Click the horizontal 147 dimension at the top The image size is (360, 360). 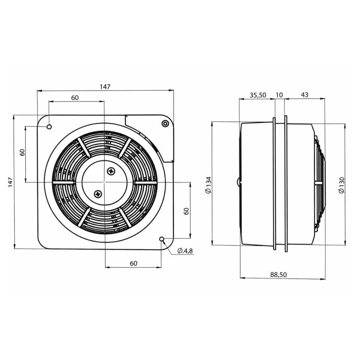[105, 87]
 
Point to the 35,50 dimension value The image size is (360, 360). [258, 95]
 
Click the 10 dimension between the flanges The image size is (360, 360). [279, 95]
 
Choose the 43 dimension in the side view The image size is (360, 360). [304, 95]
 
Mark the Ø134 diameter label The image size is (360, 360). [209, 185]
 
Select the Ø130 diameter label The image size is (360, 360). [341, 185]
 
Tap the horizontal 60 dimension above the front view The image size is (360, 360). [75, 97]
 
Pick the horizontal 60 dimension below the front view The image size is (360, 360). [133, 263]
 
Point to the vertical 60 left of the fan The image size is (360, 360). [22, 153]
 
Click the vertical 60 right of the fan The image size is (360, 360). [186, 211]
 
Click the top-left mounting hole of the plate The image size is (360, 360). [49, 127]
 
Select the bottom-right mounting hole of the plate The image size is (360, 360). [162, 239]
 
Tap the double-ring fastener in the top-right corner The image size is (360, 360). [165, 123]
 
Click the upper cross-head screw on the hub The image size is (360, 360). [111, 171]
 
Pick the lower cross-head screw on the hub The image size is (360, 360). [98, 194]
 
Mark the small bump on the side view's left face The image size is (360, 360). [239, 182]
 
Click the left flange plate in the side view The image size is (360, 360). [274, 184]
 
